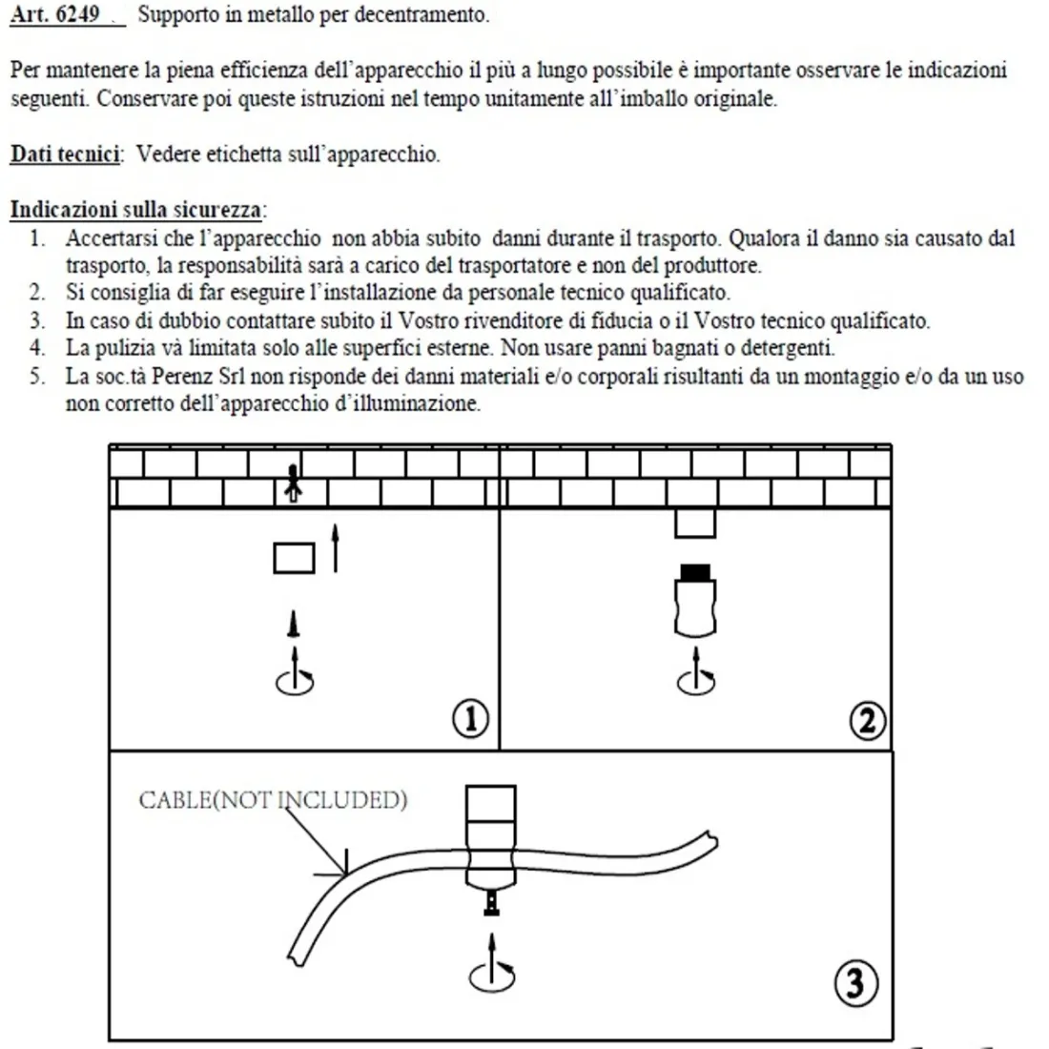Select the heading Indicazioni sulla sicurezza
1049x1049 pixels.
pos(137,210)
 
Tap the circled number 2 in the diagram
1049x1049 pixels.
pos(867,720)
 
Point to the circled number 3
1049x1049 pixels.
pos(855,982)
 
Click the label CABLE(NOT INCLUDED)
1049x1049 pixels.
pos(273,799)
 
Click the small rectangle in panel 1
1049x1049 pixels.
pos(294,558)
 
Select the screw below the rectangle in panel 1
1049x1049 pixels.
pos(295,625)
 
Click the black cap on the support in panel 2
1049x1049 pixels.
pos(694,572)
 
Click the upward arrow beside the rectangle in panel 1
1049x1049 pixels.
pos(335,546)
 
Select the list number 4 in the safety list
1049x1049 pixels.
pos(37,348)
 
